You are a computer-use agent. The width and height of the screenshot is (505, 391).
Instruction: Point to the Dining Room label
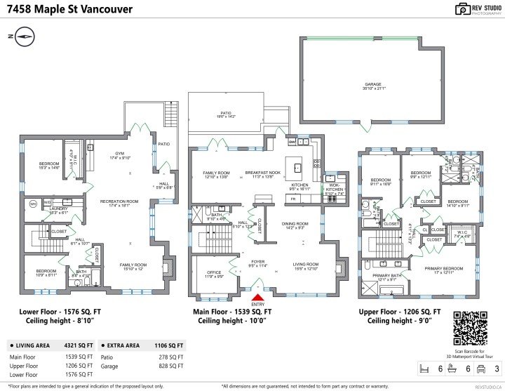294,225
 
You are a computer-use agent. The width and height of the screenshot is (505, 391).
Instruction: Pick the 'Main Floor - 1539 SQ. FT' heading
233,310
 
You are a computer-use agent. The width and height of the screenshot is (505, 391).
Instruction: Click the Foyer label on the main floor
257,263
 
